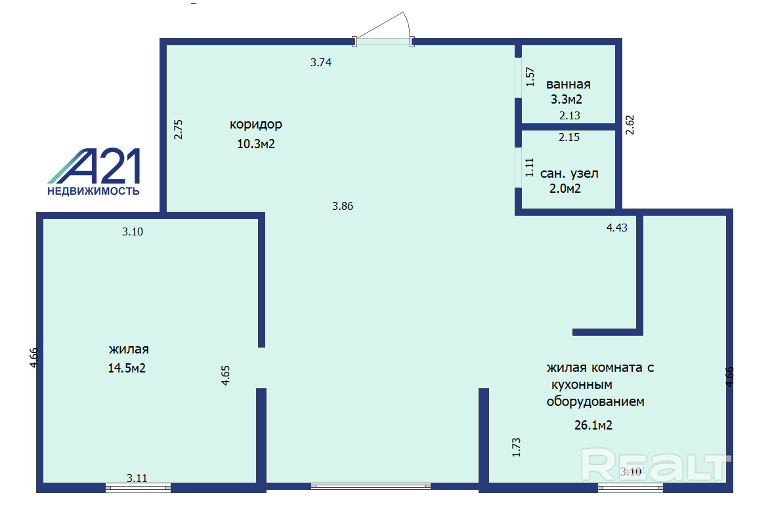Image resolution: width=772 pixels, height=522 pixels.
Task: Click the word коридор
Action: coord(255,125)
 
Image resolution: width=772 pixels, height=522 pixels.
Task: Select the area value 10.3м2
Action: coord(256,144)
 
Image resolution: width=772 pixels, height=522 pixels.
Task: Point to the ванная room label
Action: coord(568,84)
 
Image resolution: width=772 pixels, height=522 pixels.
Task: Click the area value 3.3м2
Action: coord(567,100)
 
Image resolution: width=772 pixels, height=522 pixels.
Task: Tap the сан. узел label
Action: coord(569,174)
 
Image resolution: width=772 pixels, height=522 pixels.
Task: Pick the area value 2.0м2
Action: coord(565,188)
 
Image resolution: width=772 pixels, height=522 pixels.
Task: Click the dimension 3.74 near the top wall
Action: coord(321,62)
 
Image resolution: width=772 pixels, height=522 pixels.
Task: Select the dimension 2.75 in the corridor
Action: coord(179,129)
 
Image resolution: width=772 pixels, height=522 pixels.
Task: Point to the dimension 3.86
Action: coord(343,206)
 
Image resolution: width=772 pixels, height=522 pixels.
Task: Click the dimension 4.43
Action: coord(617,228)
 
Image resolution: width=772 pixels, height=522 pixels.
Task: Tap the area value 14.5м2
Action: coord(127,369)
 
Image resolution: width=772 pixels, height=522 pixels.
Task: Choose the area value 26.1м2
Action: coord(593,426)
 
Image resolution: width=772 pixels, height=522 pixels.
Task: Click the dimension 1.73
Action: coord(517,447)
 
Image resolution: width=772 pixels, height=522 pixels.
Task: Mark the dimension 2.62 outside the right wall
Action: coord(630,125)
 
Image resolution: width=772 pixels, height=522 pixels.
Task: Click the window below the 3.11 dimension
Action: coord(139,488)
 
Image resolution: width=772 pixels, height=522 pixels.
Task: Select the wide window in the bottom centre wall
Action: coord(371,486)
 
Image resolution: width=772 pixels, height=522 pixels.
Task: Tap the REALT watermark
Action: coord(656,465)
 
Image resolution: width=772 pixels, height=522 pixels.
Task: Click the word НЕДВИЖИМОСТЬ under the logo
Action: coord(93,191)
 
